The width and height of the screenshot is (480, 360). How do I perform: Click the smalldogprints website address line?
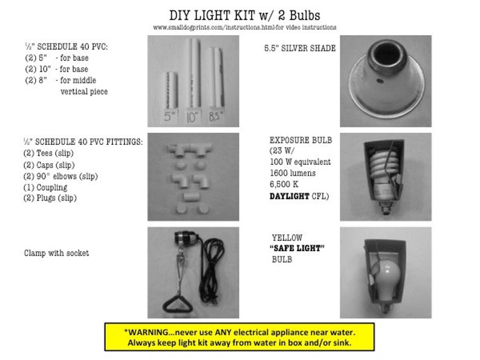coord(244,27)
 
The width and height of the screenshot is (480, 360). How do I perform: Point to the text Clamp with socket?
coord(56,253)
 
